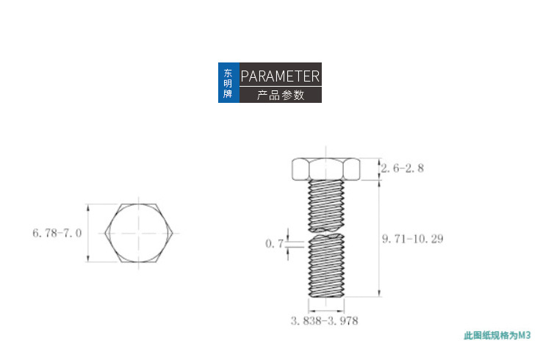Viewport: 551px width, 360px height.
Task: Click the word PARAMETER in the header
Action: tap(280, 76)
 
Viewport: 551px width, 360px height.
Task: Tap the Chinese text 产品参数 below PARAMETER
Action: tap(281, 95)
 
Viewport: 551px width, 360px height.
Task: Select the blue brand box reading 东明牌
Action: tap(228, 82)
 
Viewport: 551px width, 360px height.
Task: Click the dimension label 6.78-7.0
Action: tap(57, 233)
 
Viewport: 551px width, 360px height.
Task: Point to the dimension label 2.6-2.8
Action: tap(403, 168)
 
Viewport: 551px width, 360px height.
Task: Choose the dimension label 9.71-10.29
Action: tap(413, 239)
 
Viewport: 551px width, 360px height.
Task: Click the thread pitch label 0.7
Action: tap(274, 243)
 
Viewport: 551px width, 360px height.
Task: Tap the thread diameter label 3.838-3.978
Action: tap(324, 320)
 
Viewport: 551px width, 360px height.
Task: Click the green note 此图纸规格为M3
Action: tap(497, 336)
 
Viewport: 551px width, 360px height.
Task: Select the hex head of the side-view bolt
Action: tap(325, 169)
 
